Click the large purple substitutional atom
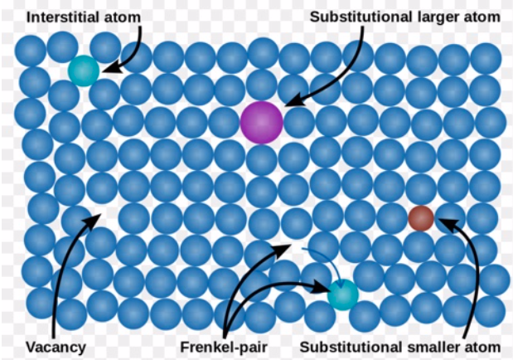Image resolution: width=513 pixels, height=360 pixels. coord(261,122)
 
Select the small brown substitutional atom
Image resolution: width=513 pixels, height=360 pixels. coord(421,218)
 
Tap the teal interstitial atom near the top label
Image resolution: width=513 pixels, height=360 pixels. coord(84,71)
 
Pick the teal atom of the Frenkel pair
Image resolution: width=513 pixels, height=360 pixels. coord(343,294)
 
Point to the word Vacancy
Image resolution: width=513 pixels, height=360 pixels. coord(56,347)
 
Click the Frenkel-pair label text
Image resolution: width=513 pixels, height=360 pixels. coord(224,347)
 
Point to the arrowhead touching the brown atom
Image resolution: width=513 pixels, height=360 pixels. coord(445,225)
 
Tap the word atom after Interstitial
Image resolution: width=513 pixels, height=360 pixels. coord(126,17)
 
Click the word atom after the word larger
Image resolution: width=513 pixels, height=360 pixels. coord(483,17)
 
